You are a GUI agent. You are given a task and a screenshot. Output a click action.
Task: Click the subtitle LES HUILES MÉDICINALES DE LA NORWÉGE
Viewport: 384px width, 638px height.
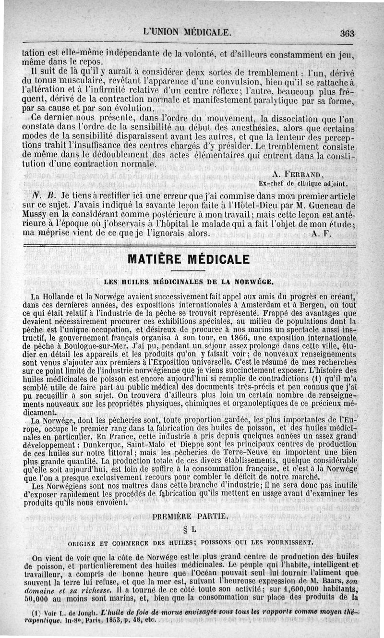tap(189, 281)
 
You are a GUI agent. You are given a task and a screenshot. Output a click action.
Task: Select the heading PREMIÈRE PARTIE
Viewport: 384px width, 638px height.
tap(190, 517)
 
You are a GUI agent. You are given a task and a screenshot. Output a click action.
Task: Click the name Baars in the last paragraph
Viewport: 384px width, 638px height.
tap(331, 582)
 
